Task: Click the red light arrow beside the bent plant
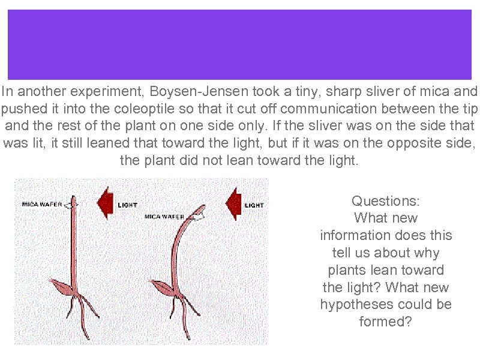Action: coord(233,203)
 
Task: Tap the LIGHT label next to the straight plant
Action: coord(127,205)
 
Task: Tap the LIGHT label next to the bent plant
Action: coord(254,205)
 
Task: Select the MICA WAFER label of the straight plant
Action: coord(41,204)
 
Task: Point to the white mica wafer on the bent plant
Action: coord(200,211)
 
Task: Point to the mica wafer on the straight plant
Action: coord(73,205)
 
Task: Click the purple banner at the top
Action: coord(239,44)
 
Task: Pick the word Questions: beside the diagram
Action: coord(386,200)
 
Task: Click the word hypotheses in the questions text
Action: coord(356,305)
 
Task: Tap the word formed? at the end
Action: coord(386,322)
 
